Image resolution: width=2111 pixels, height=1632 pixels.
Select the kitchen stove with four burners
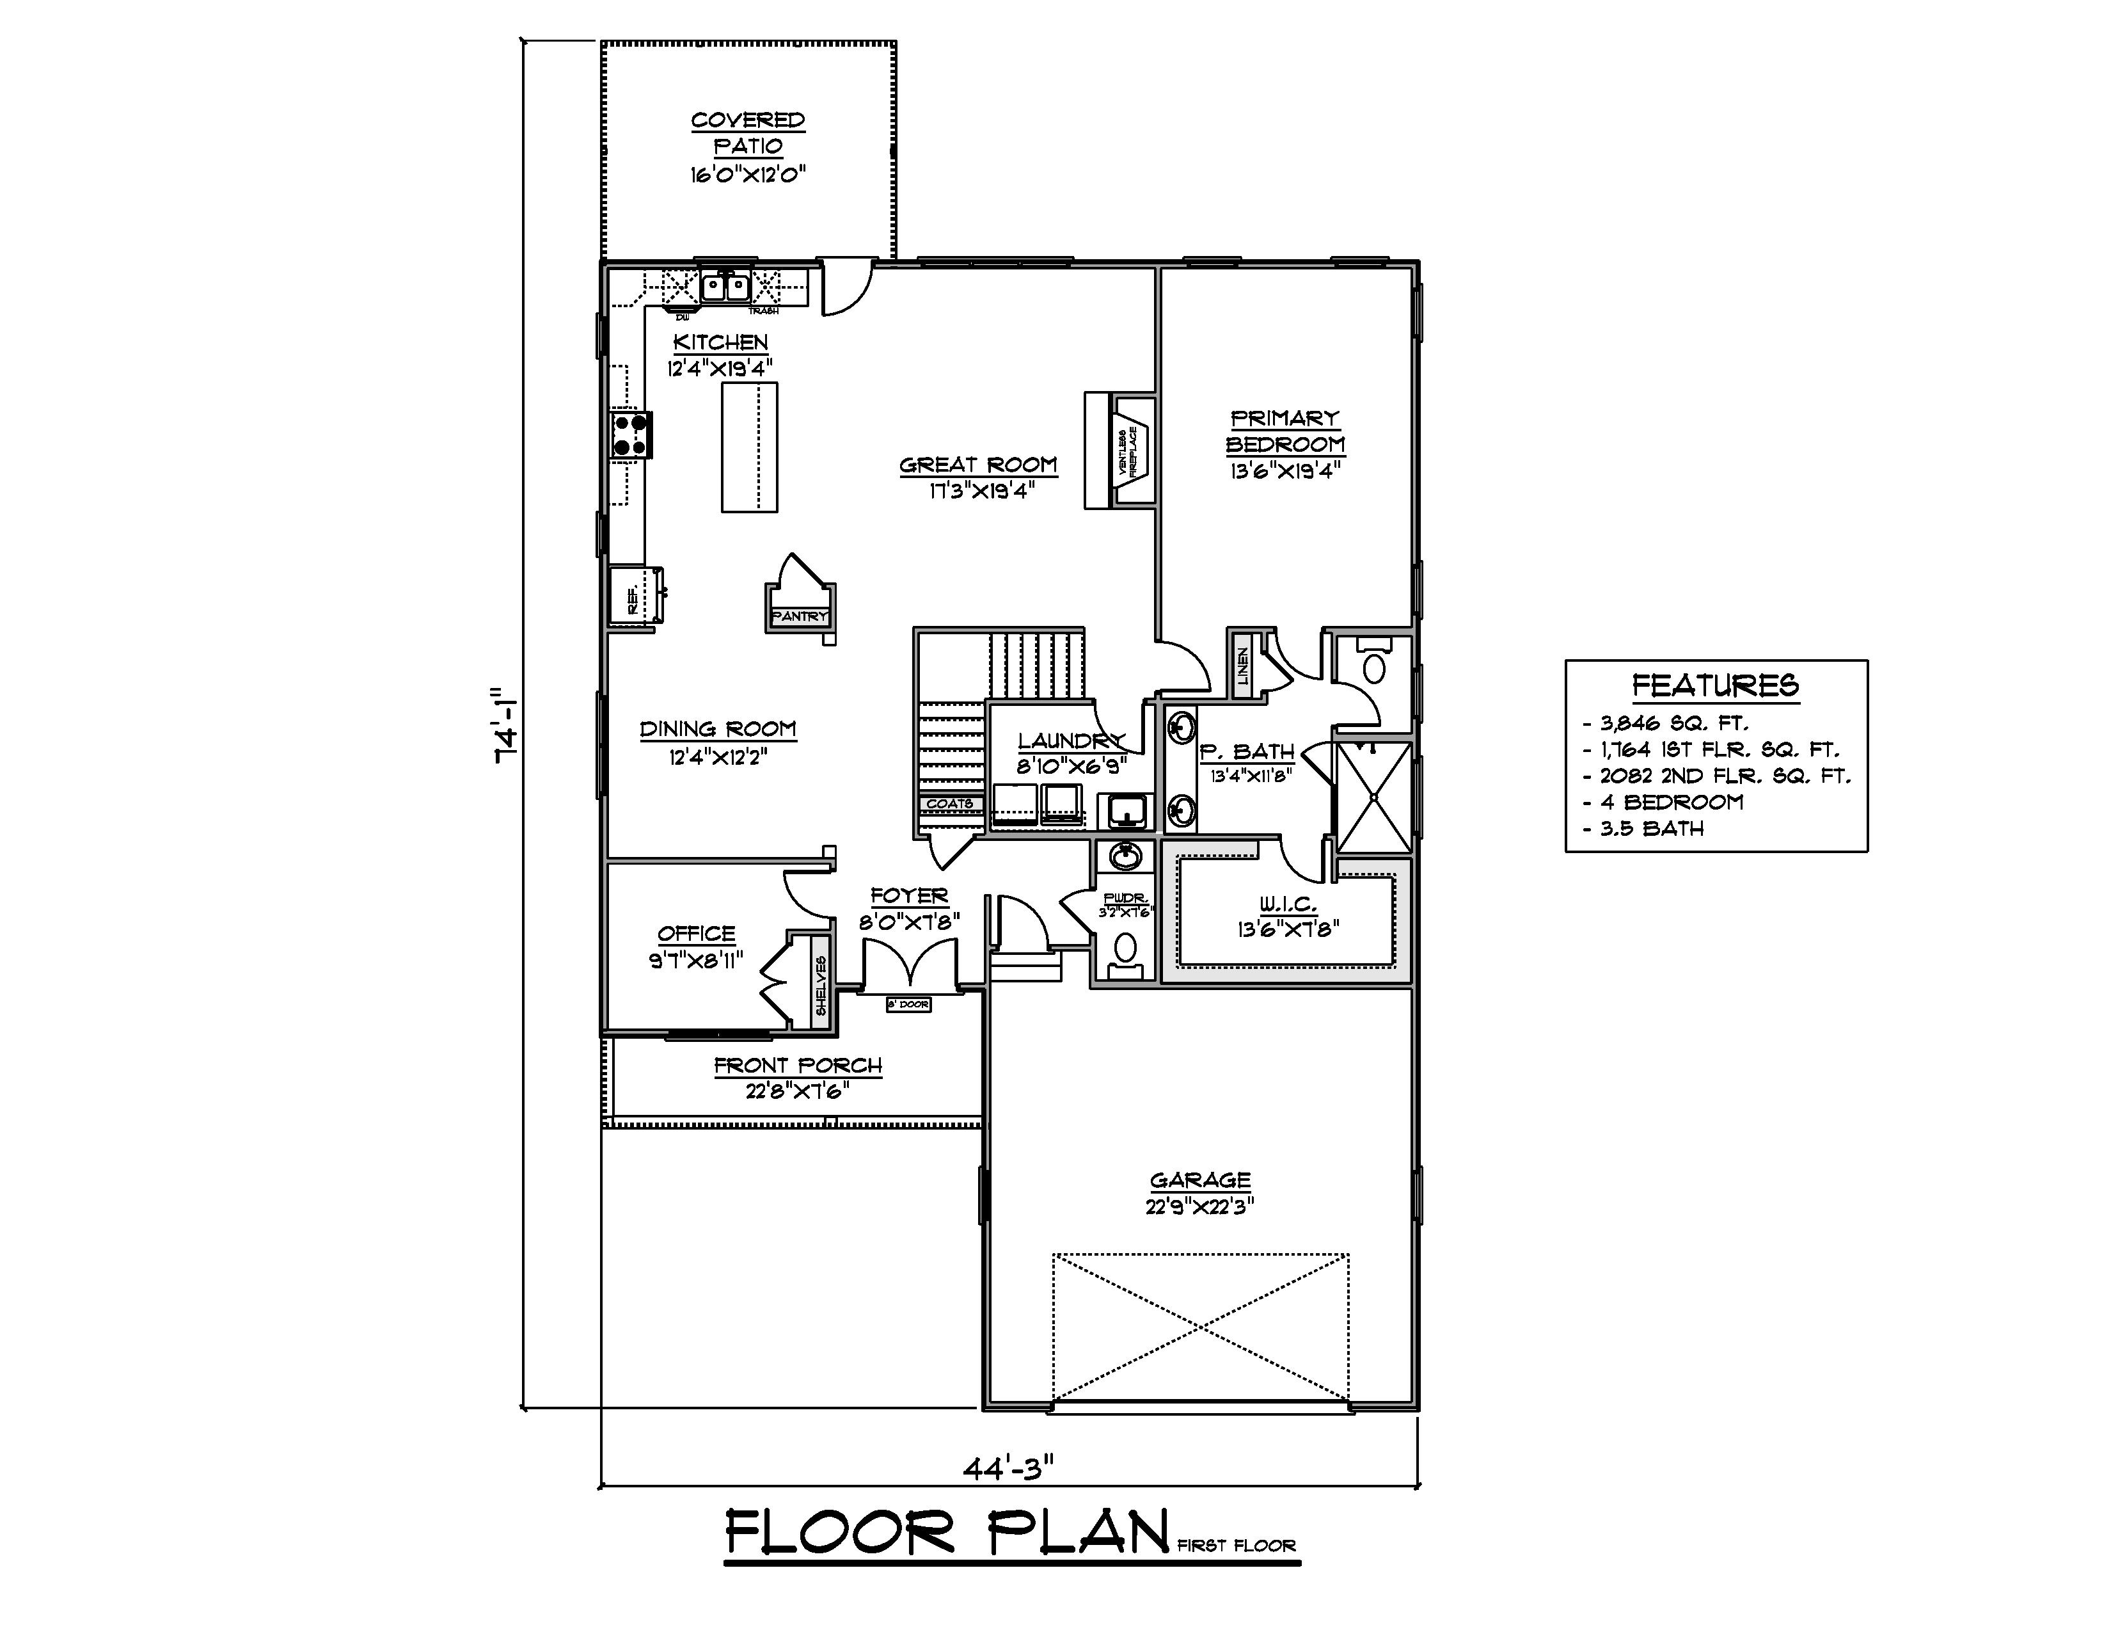(630, 434)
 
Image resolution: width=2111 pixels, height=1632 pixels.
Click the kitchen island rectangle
(749, 447)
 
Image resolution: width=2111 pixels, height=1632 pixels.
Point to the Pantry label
(800, 616)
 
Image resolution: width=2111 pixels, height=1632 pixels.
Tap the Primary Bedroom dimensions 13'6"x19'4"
(1285, 472)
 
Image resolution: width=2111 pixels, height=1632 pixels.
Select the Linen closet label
(1243, 665)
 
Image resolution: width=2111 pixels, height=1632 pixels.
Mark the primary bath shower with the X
(1373, 797)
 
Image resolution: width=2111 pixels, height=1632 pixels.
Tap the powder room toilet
(1124, 949)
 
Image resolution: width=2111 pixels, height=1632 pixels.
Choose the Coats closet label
(949, 803)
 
